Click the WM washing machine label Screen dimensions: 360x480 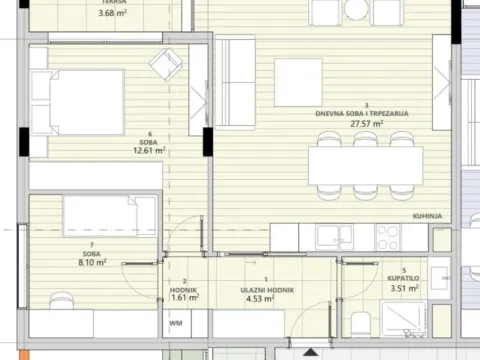pyautogui.click(x=175, y=324)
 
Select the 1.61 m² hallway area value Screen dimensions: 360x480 pyautogui.click(x=184, y=298)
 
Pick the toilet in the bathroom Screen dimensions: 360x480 pyautogui.click(x=359, y=321)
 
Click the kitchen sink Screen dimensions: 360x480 pyautogui.click(x=333, y=237)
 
